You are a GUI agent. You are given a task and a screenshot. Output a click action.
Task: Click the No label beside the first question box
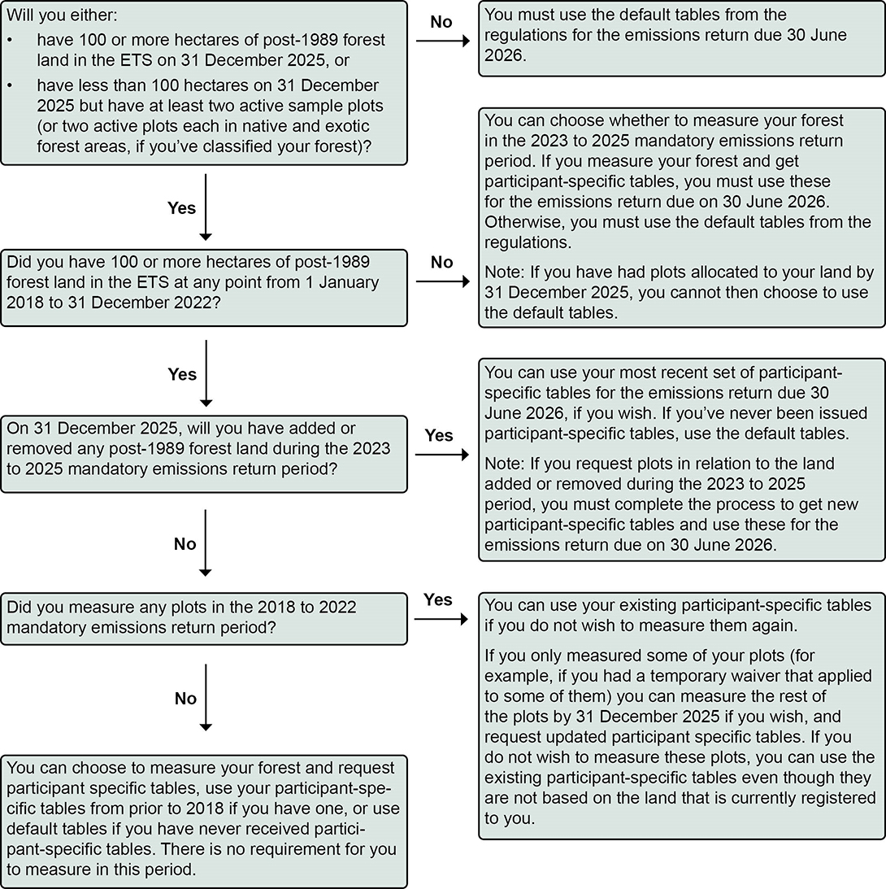(x=441, y=22)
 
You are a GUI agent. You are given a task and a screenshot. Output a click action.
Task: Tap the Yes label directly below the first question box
(x=181, y=207)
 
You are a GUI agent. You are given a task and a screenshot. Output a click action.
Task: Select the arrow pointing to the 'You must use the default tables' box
(x=442, y=42)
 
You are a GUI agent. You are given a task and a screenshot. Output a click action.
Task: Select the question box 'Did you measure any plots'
(x=203, y=619)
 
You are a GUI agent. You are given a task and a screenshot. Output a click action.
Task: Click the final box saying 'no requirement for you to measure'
(x=203, y=819)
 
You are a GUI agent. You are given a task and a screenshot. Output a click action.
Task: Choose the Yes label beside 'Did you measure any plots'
(x=438, y=599)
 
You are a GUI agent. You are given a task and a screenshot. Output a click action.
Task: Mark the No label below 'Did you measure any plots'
(x=185, y=699)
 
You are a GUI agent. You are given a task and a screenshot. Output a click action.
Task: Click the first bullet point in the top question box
(x=11, y=40)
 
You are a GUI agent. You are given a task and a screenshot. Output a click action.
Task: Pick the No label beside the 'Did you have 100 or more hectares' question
(x=441, y=262)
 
